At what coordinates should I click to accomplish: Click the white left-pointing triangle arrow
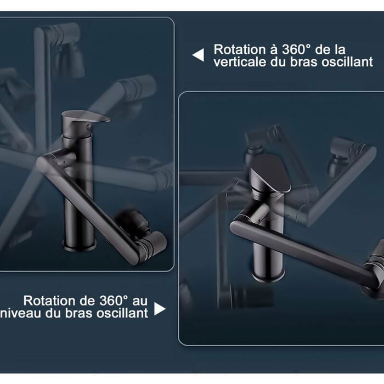199,55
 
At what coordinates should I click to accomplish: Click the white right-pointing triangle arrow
159,309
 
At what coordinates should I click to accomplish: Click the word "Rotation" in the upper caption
240,49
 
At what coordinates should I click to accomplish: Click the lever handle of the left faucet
86,116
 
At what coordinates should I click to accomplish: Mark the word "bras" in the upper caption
306,61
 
